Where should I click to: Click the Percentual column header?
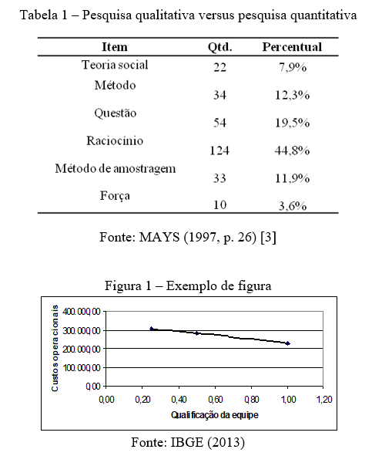(x=292, y=47)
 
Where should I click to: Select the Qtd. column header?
(x=219, y=47)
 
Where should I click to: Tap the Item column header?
(x=115, y=47)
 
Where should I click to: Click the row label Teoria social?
(x=115, y=65)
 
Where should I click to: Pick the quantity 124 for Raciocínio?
(x=219, y=150)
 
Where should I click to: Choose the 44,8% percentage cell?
(x=293, y=150)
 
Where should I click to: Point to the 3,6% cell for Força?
(x=293, y=205)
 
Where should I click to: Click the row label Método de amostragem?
(x=116, y=169)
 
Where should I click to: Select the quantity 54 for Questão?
(x=219, y=123)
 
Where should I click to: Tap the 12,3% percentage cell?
(x=293, y=95)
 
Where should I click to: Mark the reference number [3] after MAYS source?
(x=268, y=238)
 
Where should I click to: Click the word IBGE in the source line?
(x=187, y=442)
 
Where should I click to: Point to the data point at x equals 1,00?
(x=288, y=343)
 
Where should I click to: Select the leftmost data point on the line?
(x=151, y=329)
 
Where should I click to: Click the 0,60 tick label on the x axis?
(x=215, y=400)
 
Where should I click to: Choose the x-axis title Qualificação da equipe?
(x=215, y=414)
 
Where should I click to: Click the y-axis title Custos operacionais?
(x=55, y=348)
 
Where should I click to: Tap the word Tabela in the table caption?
(x=39, y=15)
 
